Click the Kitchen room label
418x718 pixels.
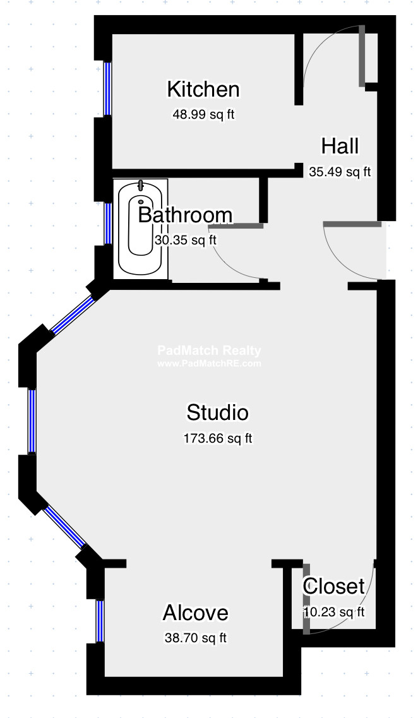point(203,90)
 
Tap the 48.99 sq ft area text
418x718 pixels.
point(203,115)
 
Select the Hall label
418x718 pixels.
point(340,146)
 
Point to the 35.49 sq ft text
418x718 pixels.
point(340,171)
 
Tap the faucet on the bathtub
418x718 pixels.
point(141,186)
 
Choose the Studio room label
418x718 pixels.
point(217,412)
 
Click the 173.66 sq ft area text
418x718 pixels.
point(217,438)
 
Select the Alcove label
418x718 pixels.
point(195,613)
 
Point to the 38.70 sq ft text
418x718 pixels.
point(195,638)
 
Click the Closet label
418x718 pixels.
point(334,586)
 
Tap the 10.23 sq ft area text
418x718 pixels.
point(334,611)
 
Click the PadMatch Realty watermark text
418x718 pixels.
point(208,351)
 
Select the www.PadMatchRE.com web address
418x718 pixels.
point(208,364)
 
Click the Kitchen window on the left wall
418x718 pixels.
point(108,88)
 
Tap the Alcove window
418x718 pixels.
point(100,621)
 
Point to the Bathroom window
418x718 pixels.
point(108,223)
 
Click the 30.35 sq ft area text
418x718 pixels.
point(185,240)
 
